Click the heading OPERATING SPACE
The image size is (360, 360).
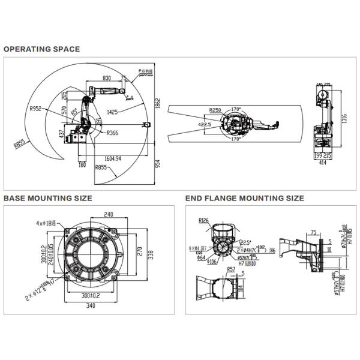(41, 49)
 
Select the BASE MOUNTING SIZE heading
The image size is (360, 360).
(48, 198)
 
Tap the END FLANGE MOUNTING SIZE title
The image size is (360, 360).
(245, 198)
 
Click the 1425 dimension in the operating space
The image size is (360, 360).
(116, 112)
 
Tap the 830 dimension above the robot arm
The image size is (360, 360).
(107, 78)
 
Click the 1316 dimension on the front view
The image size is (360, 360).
(343, 118)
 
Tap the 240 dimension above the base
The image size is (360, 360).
(109, 214)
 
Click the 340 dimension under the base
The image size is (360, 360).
(91, 305)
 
